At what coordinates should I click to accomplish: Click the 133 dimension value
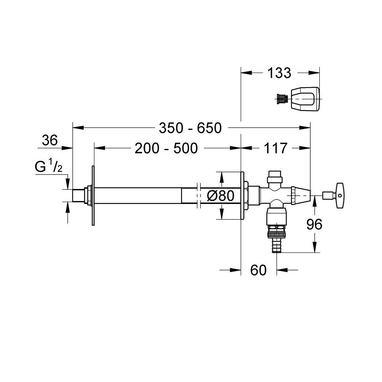pos(279,73)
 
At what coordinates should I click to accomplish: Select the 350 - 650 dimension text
pos(190,128)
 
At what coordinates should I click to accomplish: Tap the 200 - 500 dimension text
pos(166,148)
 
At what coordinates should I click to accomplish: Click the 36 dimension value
pos(50,141)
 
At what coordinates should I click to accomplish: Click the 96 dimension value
pos(314,225)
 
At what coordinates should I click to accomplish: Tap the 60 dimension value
pos(258,270)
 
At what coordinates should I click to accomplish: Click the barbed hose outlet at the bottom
pos(276,244)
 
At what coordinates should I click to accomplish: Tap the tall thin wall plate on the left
pos(92,196)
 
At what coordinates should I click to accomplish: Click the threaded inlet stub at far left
pos(79,196)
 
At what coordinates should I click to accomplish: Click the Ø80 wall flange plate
pos(242,196)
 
